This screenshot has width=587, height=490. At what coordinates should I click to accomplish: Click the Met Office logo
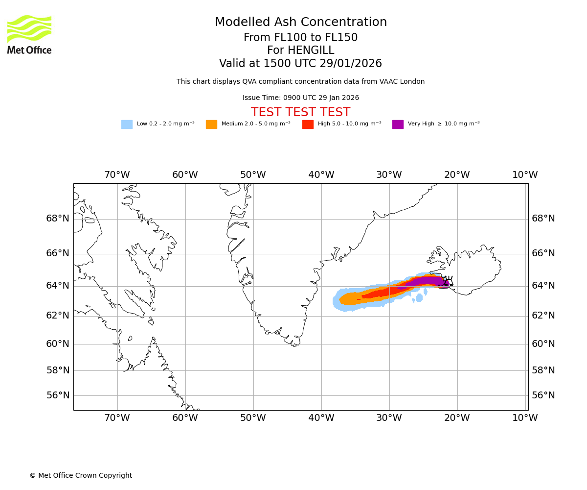pos(29,34)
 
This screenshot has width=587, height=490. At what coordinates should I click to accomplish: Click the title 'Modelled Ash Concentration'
pos(300,23)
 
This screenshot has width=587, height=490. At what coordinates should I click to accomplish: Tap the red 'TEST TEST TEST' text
pos(300,113)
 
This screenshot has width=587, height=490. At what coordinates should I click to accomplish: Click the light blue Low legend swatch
pos(127,124)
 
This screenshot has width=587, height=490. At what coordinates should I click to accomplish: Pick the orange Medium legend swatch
pos(211,124)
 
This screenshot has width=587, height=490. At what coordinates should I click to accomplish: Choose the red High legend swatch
pos(308,124)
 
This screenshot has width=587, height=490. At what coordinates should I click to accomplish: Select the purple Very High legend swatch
pos(398,124)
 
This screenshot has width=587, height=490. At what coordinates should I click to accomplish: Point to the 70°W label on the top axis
pos(117,175)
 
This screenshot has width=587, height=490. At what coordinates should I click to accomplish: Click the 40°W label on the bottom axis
pos(321,418)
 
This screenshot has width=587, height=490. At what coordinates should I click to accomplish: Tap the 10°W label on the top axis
pos(525,175)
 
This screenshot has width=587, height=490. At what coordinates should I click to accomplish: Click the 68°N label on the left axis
pos(58,219)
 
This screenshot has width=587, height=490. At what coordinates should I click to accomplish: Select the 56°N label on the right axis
pos(543,395)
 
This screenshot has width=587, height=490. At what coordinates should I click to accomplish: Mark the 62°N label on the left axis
pos(58,316)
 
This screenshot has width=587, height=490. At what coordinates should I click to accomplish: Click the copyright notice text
pos(81,475)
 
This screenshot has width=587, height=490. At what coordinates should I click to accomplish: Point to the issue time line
pos(300,98)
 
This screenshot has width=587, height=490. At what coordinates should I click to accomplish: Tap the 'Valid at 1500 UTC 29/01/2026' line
pos(300,64)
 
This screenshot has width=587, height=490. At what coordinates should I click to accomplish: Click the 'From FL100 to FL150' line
pos(300,38)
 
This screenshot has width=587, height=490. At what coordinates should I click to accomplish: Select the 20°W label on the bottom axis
pos(457,418)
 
